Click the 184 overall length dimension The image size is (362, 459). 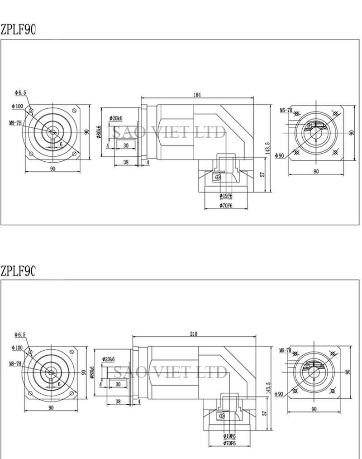coord(197,95)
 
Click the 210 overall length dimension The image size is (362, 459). coord(194,334)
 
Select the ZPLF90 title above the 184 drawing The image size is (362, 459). coord(18,30)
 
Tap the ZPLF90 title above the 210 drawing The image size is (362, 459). coord(18,271)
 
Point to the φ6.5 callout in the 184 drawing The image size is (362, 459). coord(20,92)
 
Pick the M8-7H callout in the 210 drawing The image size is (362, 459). coord(15,363)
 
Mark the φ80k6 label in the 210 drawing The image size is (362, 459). coord(93,372)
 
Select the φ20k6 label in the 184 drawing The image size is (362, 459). coord(116,118)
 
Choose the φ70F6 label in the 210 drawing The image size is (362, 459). coord(229,443)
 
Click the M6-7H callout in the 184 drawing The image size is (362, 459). coord(286,110)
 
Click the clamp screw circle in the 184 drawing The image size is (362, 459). coord(219,177)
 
